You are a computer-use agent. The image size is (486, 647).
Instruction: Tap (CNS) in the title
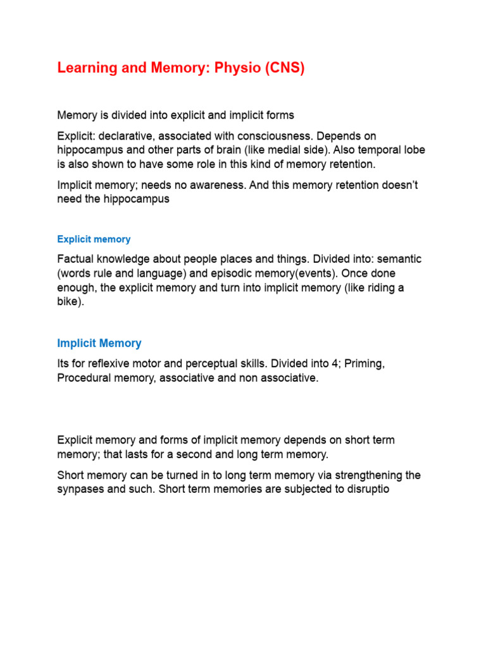click(282, 68)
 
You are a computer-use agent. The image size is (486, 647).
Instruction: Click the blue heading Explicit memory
click(94, 239)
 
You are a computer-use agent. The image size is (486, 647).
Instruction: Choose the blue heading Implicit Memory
click(99, 343)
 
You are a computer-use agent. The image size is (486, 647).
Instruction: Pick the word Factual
click(77, 260)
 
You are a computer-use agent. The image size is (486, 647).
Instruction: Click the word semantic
click(399, 260)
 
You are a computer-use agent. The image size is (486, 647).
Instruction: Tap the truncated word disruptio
click(356, 488)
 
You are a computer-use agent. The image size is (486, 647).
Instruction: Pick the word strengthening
click(359, 475)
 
